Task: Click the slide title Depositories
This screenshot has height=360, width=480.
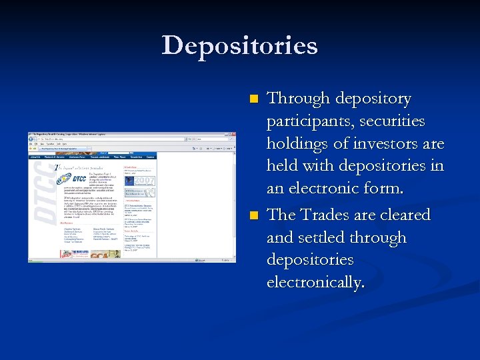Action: click(239, 46)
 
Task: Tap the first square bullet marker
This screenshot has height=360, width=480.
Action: click(253, 99)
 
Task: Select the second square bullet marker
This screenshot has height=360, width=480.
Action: click(253, 216)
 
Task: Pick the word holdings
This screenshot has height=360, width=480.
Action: click(298, 144)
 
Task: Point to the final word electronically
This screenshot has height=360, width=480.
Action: click(315, 282)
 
